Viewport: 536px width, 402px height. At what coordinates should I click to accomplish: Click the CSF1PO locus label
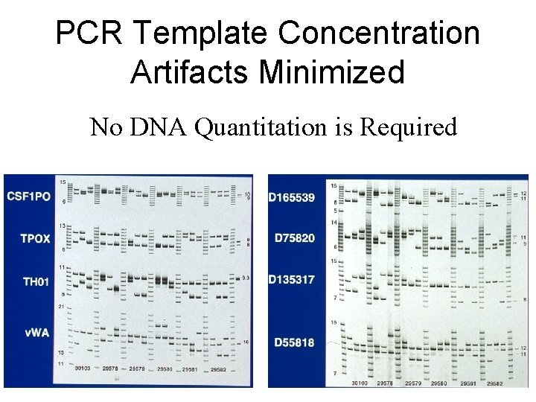pyautogui.click(x=29, y=196)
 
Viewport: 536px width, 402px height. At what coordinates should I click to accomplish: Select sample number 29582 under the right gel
pyautogui.click(x=496, y=383)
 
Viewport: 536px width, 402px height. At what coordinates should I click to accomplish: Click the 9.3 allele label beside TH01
pyautogui.click(x=246, y=278)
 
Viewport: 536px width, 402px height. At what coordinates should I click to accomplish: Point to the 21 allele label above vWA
pyautogui.click(x=63, y=307)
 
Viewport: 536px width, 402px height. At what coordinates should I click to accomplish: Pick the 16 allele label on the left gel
pyautogui.click(x=246, y=342)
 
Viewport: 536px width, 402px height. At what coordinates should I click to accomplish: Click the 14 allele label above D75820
pyautogui.click(x=334, y=223)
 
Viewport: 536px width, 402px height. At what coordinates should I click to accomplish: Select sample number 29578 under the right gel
pyautogui.click(x=385, y=383)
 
